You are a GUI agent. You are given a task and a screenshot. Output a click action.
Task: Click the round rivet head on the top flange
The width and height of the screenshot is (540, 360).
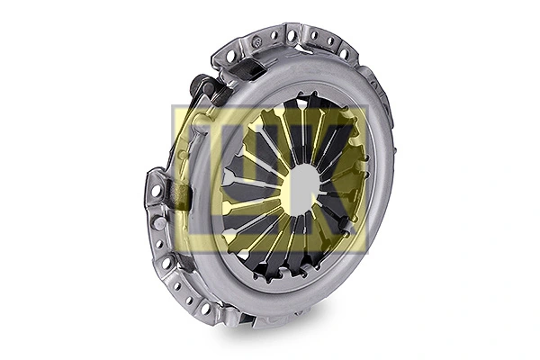click(x=256, y=42)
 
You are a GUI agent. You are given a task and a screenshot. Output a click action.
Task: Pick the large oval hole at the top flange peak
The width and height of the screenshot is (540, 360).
click(x=292, y=36)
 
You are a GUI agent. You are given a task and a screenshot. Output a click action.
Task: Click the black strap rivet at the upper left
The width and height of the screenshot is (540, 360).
click(x=199, y=85)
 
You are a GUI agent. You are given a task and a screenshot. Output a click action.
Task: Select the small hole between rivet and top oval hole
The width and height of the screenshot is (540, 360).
click(x=274, y=38)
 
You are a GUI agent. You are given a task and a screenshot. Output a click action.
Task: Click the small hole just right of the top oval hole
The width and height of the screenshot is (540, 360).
click(x=310, y=38)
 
